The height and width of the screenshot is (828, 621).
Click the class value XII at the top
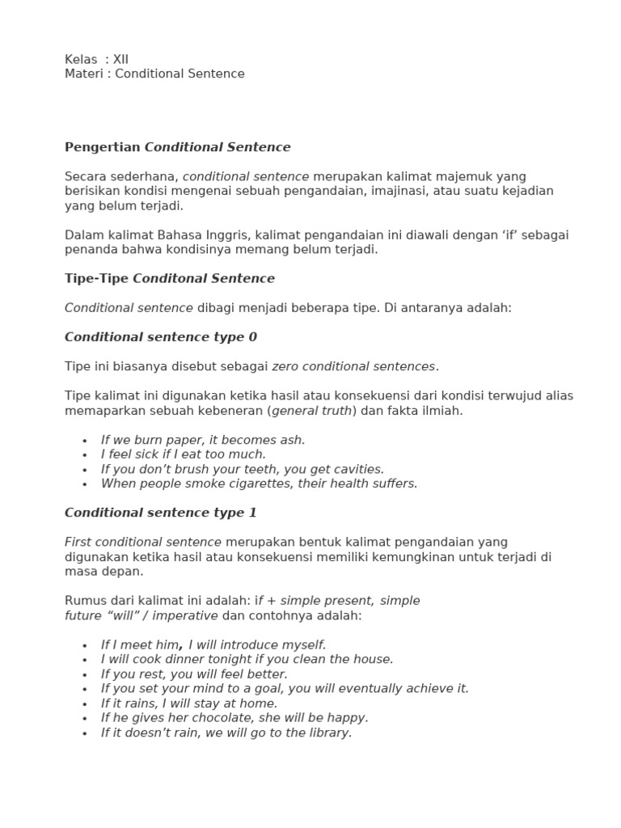[120, 59]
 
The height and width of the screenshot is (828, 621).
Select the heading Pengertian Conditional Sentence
[177, 147]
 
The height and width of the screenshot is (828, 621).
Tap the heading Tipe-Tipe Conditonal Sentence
[169, 278]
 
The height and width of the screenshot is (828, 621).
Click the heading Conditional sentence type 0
[160, 336]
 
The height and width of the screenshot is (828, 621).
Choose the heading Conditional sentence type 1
[160, 513]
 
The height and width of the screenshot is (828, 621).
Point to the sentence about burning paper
[203, 440]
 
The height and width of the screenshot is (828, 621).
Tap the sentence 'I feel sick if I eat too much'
[183, 454]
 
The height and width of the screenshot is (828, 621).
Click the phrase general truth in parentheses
[313, 410]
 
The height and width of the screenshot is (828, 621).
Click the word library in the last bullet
[329, 733]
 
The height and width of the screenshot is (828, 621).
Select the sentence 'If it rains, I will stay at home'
[188, 703]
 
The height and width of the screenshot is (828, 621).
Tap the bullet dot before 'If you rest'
[85, 674]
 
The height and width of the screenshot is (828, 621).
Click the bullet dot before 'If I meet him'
[85, 645]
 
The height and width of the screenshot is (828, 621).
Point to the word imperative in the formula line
[187, 615]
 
